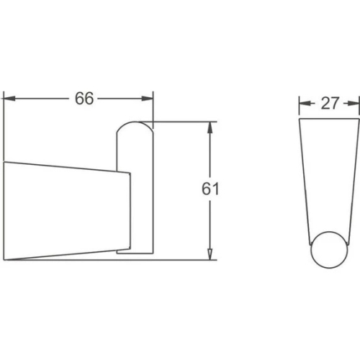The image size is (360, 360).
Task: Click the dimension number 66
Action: click(x=84, y=99)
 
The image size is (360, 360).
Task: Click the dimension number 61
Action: click(x=210, y=189)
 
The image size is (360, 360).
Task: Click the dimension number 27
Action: click(x=330, y=104)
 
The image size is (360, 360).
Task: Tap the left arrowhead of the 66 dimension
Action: click(x=9, y=99)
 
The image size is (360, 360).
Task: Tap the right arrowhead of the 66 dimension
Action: click(x=147, y=99)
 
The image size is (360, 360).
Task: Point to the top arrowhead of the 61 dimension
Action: click(x=210, y=127)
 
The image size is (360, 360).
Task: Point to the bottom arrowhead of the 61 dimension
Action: click(x=210, y=254)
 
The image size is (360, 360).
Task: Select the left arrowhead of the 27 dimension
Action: click(x=305, y=104)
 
